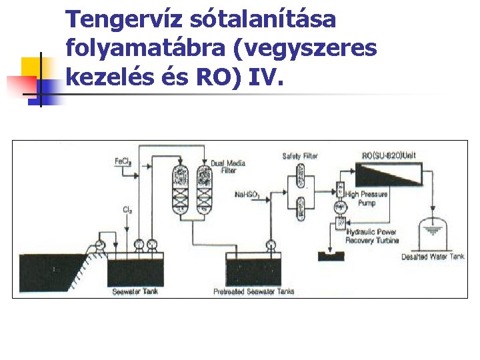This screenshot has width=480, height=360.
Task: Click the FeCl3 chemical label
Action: [123, 161]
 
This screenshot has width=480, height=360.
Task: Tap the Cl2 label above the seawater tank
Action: [126, 209]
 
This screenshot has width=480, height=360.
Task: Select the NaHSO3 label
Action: [247, 195]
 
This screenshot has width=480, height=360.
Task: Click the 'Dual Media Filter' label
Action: [227, 167]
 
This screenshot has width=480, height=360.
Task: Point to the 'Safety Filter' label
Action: [300, 156]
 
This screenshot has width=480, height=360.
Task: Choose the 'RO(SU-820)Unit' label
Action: [388, 155]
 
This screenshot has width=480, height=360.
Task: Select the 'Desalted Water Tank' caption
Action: [433, 257]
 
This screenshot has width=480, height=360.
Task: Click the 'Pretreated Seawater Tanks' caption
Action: [253, 291]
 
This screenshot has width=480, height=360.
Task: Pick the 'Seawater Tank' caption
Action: [135, 291]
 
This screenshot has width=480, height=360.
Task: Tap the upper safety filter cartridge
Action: [300, 177]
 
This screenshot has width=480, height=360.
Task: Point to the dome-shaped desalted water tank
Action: [433, 233]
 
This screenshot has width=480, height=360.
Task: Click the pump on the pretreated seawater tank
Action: [271, 245]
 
